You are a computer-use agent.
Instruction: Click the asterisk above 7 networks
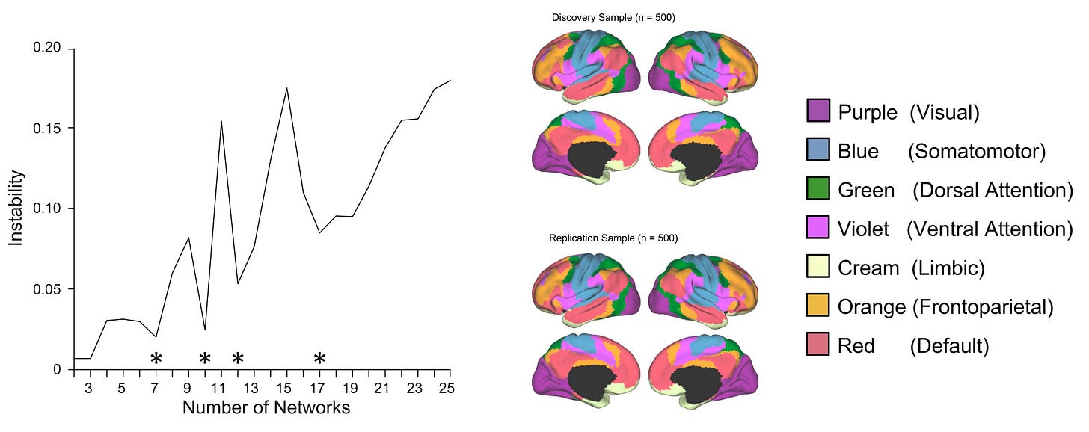pos(156,359)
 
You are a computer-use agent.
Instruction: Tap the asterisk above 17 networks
pos(319,359)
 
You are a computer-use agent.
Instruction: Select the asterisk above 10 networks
pos(205,359)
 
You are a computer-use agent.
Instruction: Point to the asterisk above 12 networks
pos(238,359)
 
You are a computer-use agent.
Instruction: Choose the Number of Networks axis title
pos(266,408)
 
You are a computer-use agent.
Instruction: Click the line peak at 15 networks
pos(286,88)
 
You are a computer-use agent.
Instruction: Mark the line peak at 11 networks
pos(221,121)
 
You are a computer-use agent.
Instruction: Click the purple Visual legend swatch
pos(818,111)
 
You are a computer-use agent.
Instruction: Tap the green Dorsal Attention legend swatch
pos(818,189)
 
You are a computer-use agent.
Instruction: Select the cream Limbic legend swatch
pos(818,267)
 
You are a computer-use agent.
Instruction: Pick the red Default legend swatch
pos(818,345)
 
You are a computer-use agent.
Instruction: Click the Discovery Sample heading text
pos(613,17)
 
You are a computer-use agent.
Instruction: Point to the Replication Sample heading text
pos(613,238)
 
